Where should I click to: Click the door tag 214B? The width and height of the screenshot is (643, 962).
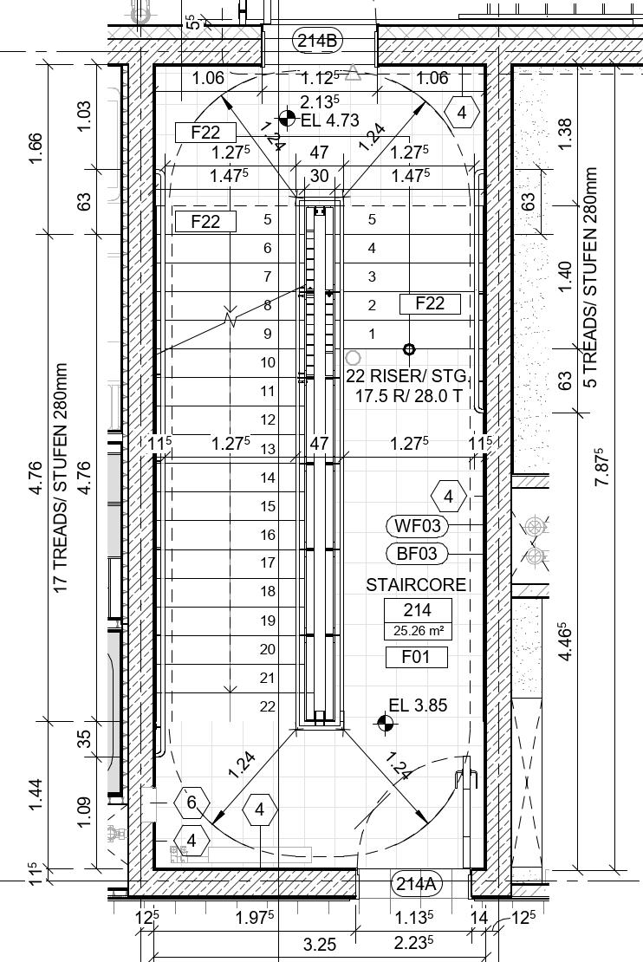pos(319,40)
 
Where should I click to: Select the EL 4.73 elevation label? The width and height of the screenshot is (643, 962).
pos(328,120)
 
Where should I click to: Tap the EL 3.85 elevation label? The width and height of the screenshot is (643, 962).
pos(418,705)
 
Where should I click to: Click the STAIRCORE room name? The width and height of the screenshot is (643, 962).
pos(416,585)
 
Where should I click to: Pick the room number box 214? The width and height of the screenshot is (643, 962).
pos(417,611)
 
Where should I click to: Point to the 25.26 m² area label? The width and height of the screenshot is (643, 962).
pos(417,631)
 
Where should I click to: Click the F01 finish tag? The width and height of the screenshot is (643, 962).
pos(417,657)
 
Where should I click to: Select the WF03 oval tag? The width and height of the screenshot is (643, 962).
pos(418,525)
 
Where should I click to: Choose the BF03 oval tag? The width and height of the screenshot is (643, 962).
pos(417,553)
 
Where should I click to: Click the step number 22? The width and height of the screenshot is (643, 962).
pos(268,706)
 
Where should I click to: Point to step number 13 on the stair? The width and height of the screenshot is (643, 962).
pos(268,449)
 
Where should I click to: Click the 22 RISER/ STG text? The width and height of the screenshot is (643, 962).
pos(406,376)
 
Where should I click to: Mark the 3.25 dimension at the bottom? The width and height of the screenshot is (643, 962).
pos(320,945)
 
